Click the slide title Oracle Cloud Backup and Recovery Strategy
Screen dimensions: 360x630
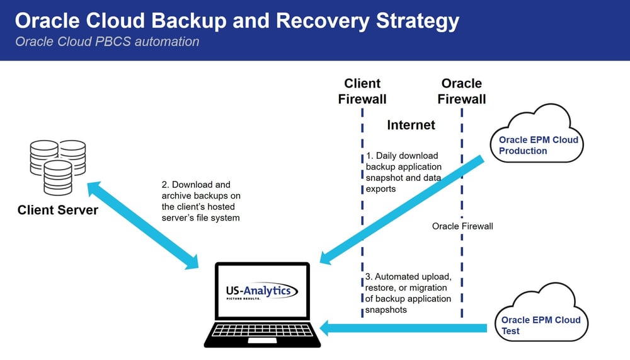tap(236, 21)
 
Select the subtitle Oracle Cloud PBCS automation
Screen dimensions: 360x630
tap(107, 42)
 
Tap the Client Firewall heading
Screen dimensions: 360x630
tap(362, 91)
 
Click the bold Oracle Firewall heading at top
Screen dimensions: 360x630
tap(462, 91)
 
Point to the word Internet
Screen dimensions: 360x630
tap(411, 125)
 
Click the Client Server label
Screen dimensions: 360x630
tap(57, 210)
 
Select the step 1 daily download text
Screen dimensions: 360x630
tap(403, 171)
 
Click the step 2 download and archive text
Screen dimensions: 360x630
tap(200, 201)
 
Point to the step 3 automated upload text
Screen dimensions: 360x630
tap(408, 293)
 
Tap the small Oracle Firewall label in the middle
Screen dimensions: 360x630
tap(462, 226)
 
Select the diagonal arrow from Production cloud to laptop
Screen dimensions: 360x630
tap(403, 211)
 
